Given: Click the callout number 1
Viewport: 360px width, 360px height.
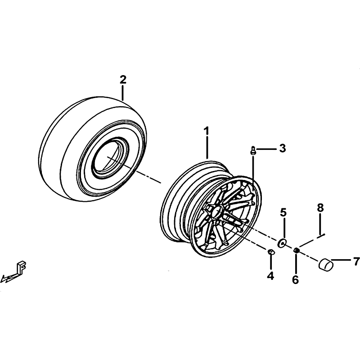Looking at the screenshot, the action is tap(207, 131).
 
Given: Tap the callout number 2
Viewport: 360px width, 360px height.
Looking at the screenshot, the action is tap(123, 80).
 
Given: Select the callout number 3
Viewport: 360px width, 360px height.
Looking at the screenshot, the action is tap(283, 148).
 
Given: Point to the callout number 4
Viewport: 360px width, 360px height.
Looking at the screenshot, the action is tap(270, 275).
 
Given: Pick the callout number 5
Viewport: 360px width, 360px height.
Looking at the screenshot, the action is tap(283, 212).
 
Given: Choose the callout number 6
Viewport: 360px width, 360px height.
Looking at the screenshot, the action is tap(295, 279).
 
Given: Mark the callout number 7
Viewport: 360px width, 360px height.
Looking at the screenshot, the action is tap(356, 261).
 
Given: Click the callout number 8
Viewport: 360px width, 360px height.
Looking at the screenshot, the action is tap(320, 208).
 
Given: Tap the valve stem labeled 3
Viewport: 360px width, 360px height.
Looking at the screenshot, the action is tap(253, 151).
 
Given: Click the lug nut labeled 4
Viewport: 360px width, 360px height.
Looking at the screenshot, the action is tap(271, 252).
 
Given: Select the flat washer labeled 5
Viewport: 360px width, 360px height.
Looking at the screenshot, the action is tap(282, 243).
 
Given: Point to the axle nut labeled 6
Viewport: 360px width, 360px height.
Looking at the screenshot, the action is tap(296, 250).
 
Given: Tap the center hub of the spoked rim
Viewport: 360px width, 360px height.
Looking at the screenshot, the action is tap(216, 211).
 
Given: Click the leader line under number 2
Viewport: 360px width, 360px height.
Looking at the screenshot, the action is tap(123, 93).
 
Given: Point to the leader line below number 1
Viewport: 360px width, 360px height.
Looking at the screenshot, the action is tap(207, 148).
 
